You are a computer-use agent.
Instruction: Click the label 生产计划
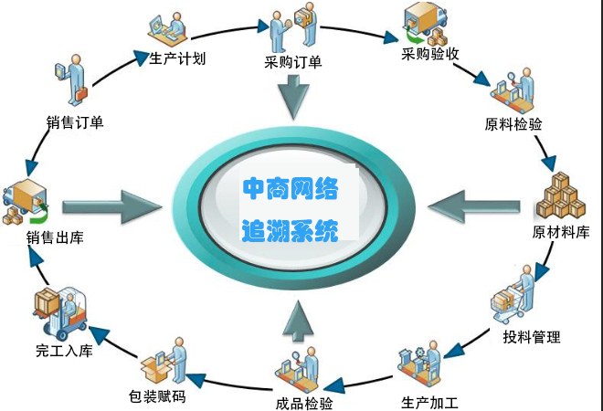pyautogui.click(x=177, y=59)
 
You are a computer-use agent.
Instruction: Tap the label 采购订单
pyautogui.click(x=291, y=62)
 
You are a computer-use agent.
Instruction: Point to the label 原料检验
pyautogui.click(x=513, y=123)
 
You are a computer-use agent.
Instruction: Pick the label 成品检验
pyautogui.click(x=303, y=403)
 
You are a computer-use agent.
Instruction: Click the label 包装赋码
pyautogui.click(x=158, y=397)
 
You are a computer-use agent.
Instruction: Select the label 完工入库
pyautogui.click(x=64, y=349)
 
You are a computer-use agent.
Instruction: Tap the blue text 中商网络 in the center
pyautogui.click(x=291, y=189)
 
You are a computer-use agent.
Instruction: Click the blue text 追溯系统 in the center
pyautogui.click(x=291, y=229)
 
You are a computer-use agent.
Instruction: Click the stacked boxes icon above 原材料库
pyautogui.click(x=559, y=196)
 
